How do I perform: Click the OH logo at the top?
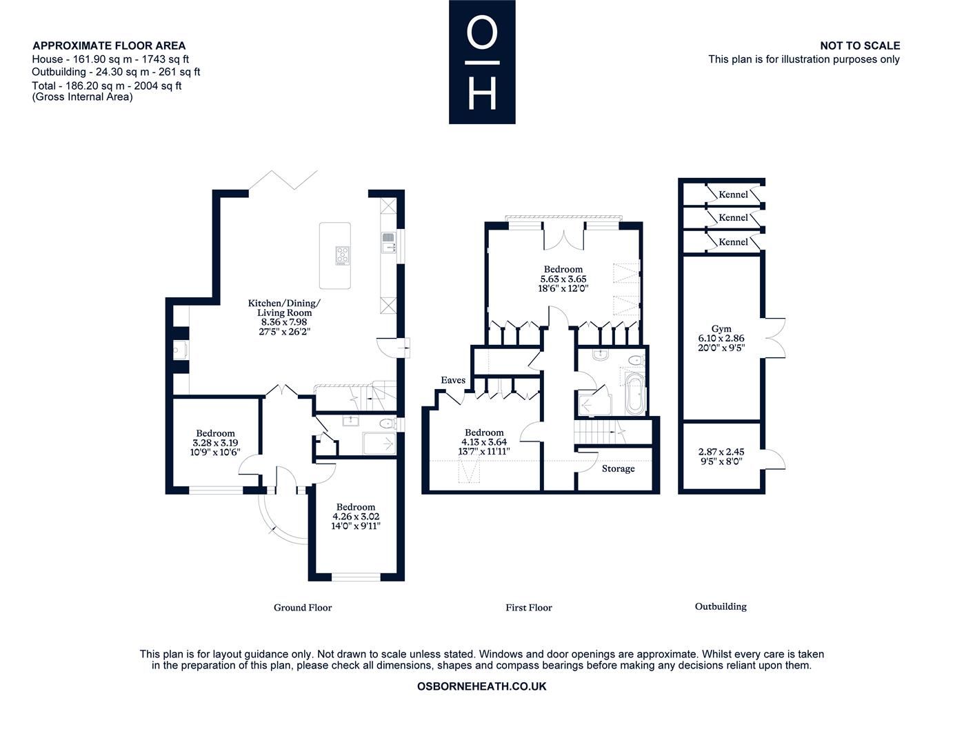pyautogui.click(x=482, y=62)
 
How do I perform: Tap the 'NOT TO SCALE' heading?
pyautogui.click(x=859, y=46)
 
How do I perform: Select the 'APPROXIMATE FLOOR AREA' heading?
pyautogui.click(x=109, y=46)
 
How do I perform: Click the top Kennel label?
pyautogui.click(x=733, y=195)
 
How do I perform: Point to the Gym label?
pyautogui.click(x=721, y=329)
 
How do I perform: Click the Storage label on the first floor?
pyautogui.click(x=618, y=468)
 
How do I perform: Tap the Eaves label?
pyautogui.click(x=453, y=380)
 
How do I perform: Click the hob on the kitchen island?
pyautogui.click(x=343, y=255)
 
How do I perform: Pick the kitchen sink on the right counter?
pyautogui.click(x=388, y=243)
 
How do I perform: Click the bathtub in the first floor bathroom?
pyautogui.click(x=635, y=395)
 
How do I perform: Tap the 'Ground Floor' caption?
pyautogui.click(x=303, y=608)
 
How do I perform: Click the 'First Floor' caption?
pyautogui.click(x=529, y=608)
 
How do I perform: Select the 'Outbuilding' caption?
pyautogui.click(x=721, y=606)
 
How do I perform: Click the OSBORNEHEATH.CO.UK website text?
pyautogui.click(x=482, y=686)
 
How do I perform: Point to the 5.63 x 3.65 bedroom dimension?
pyautogui.click(x=563, y=279)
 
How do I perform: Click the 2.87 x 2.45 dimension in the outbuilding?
pyautogui.click(x=721, y=452)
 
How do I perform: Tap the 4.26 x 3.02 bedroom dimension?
pyautogui.click(x=356, y=516)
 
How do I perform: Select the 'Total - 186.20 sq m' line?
pyautogui.click(x=107, y=86)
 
